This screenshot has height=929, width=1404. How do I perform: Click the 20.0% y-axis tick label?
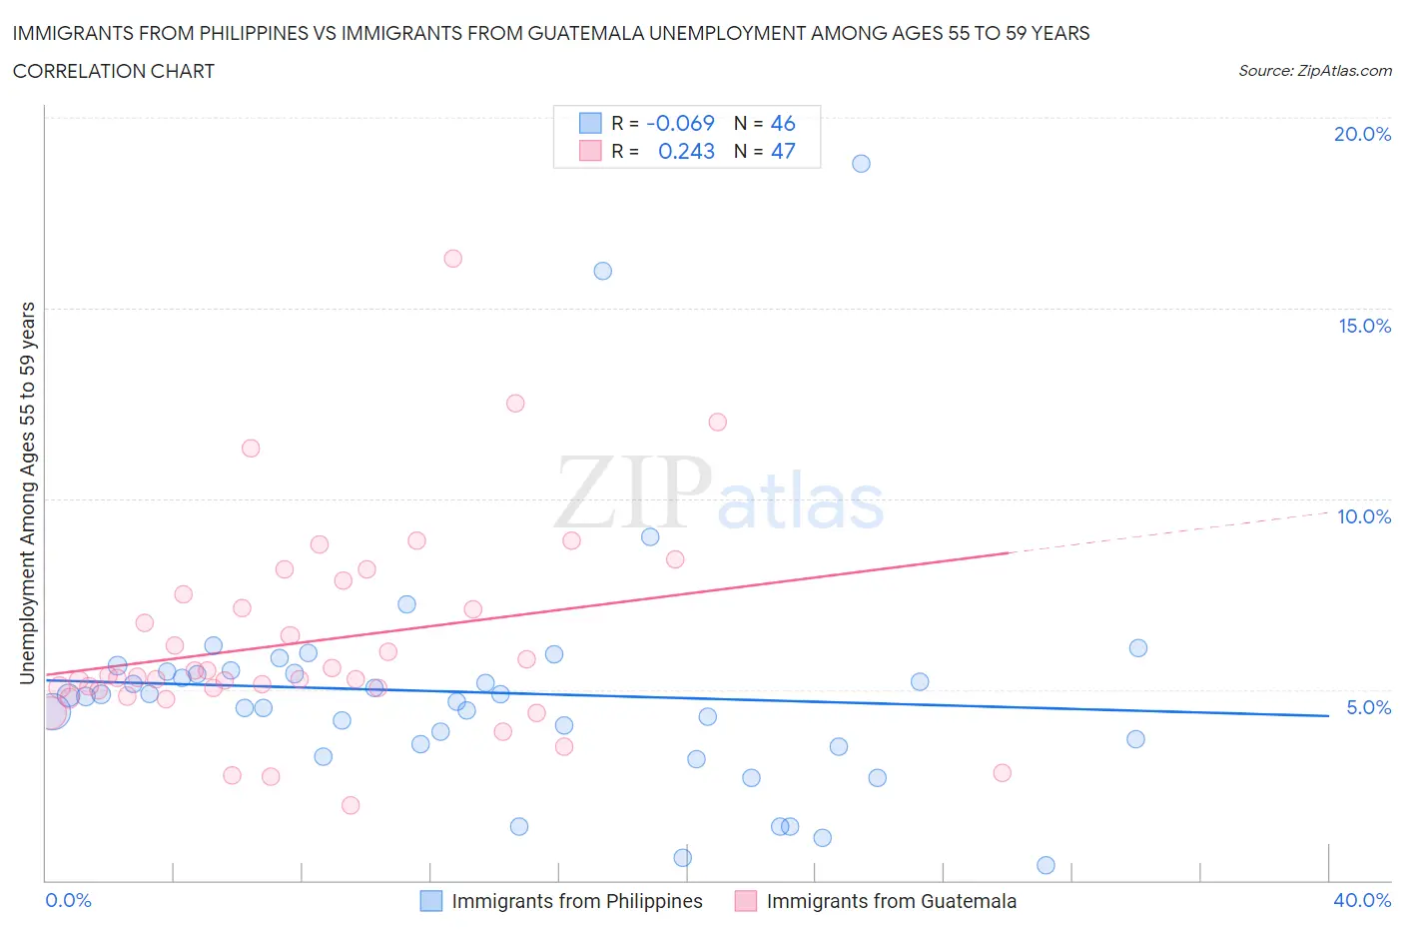1362,134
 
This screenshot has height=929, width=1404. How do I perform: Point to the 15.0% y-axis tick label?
1364,326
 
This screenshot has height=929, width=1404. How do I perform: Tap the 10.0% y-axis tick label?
1364,516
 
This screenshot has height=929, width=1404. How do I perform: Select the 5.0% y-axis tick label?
1368,707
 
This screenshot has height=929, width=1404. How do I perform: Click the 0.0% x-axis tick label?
68,900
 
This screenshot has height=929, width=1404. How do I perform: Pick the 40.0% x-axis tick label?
1362,900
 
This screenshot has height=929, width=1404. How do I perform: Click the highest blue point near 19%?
861,164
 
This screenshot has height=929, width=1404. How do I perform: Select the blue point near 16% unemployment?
602,271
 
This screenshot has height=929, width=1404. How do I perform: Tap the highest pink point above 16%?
452,259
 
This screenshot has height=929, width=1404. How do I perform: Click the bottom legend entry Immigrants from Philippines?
576,901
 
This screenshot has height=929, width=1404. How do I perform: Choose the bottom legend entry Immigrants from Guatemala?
891,901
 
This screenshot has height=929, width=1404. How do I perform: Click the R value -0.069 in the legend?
680,123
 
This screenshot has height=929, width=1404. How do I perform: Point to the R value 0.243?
686,151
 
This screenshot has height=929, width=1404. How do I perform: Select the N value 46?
783,123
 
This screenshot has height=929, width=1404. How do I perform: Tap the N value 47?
783,151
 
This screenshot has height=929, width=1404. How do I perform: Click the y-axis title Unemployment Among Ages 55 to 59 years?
28,492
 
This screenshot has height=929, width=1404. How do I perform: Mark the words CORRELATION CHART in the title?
114,71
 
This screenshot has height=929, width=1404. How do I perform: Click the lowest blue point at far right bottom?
1046,865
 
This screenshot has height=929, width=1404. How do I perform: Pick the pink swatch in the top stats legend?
590,151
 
